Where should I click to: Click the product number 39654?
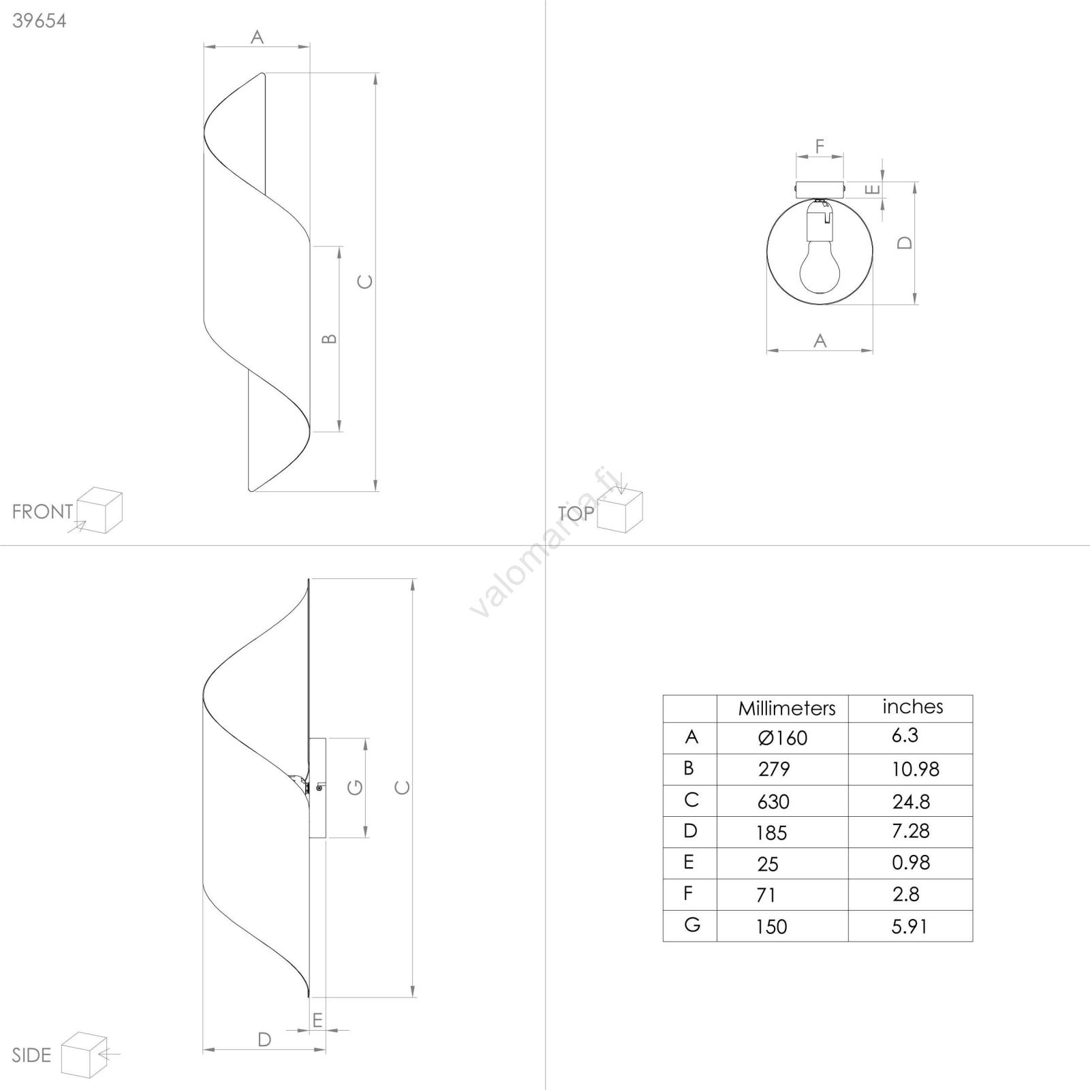40,21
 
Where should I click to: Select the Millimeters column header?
787,708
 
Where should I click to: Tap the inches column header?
913,707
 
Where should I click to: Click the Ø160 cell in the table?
783,738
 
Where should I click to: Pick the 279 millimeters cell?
774,769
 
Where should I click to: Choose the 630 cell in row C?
773,801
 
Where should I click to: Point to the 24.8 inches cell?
912,802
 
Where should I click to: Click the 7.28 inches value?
911,831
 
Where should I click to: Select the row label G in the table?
691,925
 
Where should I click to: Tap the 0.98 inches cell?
911,862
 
